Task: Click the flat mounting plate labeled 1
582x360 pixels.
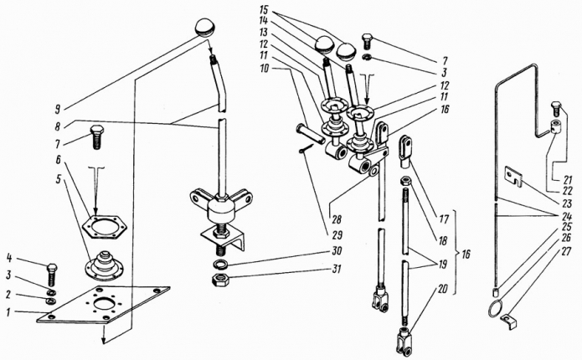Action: pos(100,304)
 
